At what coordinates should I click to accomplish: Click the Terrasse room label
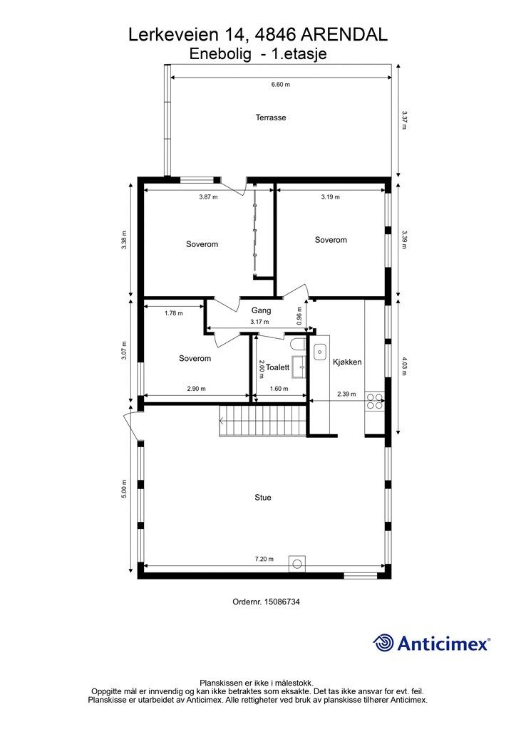270,117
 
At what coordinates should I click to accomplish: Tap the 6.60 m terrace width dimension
280,85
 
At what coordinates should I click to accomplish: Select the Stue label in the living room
262,498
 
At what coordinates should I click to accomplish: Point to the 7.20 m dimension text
264,559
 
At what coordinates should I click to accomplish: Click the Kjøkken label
347,362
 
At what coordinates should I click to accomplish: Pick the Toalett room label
277,367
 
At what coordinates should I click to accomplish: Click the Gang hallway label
261,310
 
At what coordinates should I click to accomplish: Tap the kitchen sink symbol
320,352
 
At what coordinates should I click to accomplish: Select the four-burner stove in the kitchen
375,402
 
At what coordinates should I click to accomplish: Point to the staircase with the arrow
263,420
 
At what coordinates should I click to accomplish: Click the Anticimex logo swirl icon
383,643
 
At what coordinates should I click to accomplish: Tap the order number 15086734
282,602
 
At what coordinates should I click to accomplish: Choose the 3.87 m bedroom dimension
208,196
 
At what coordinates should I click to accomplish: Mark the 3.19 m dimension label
331,196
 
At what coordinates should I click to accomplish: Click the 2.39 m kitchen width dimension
346,394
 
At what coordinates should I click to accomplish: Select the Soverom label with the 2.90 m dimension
195,359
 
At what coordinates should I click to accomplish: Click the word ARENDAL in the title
345,35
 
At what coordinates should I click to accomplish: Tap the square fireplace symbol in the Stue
297,564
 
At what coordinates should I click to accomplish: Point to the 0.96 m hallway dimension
299,315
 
